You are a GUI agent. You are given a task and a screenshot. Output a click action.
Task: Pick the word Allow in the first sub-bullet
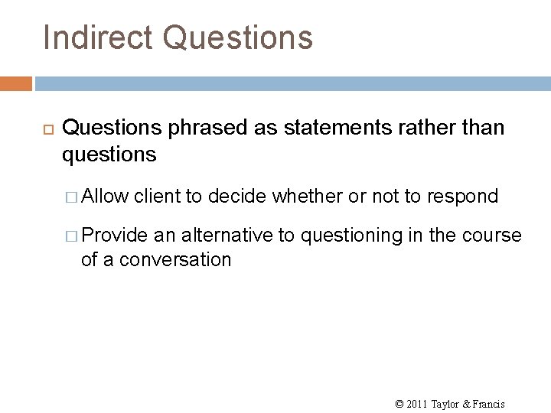coord(105,197)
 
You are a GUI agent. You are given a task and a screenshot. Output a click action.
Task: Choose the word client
coord(158,197)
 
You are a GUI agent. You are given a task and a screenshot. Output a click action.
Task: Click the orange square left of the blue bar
coord(16,83)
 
